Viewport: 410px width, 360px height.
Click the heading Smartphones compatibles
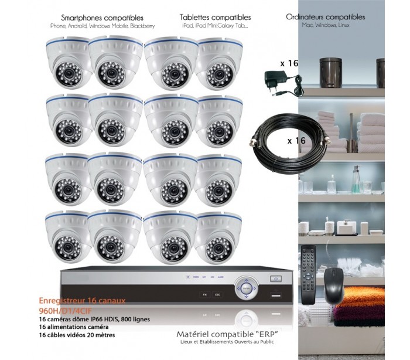click(102, 18)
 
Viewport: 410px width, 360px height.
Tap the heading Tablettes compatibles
click(215, 17)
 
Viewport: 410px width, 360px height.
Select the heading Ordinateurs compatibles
click(326, 17)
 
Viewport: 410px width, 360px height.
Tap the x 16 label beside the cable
click(296, 141)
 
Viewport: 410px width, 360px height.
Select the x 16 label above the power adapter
click(289, 63)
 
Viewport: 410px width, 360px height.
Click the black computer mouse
click(334, 286)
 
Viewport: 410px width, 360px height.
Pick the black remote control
click(309, 275)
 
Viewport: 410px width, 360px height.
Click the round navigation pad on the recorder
click(246, 288)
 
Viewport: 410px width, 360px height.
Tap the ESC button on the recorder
click(217, 294)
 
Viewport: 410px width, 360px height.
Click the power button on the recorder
click(276, 279)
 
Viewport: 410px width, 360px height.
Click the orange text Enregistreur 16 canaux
click(82, 301)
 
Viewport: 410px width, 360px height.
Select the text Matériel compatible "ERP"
click(227, 334)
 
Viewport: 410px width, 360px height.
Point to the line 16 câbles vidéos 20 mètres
click(77, 335)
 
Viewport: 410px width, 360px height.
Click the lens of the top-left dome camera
click(69, 74)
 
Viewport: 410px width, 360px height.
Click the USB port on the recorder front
click(276, 296)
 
